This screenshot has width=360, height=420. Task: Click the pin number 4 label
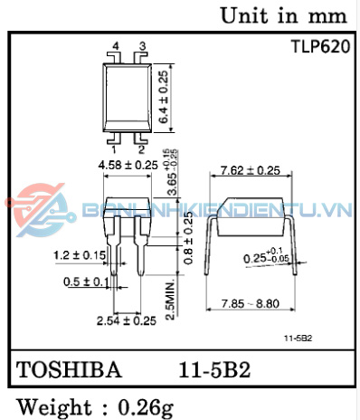[x=116, y=46]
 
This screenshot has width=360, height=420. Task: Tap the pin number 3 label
[x=142, y=46]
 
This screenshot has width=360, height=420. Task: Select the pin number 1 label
[x=114, y=149]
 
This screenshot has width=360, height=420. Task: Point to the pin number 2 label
[x=141, y=149]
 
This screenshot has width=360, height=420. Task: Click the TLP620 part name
[x=321, y=47]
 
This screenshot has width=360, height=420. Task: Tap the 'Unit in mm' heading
[x=284, y=15]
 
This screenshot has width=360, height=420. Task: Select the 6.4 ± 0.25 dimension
[x=164, y=97]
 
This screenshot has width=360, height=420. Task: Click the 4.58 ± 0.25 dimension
[x=128, y=166]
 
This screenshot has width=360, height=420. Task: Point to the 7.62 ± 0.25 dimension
[x=251, y=171]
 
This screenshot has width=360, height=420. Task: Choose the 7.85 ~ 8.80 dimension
[x=251, y=303]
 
